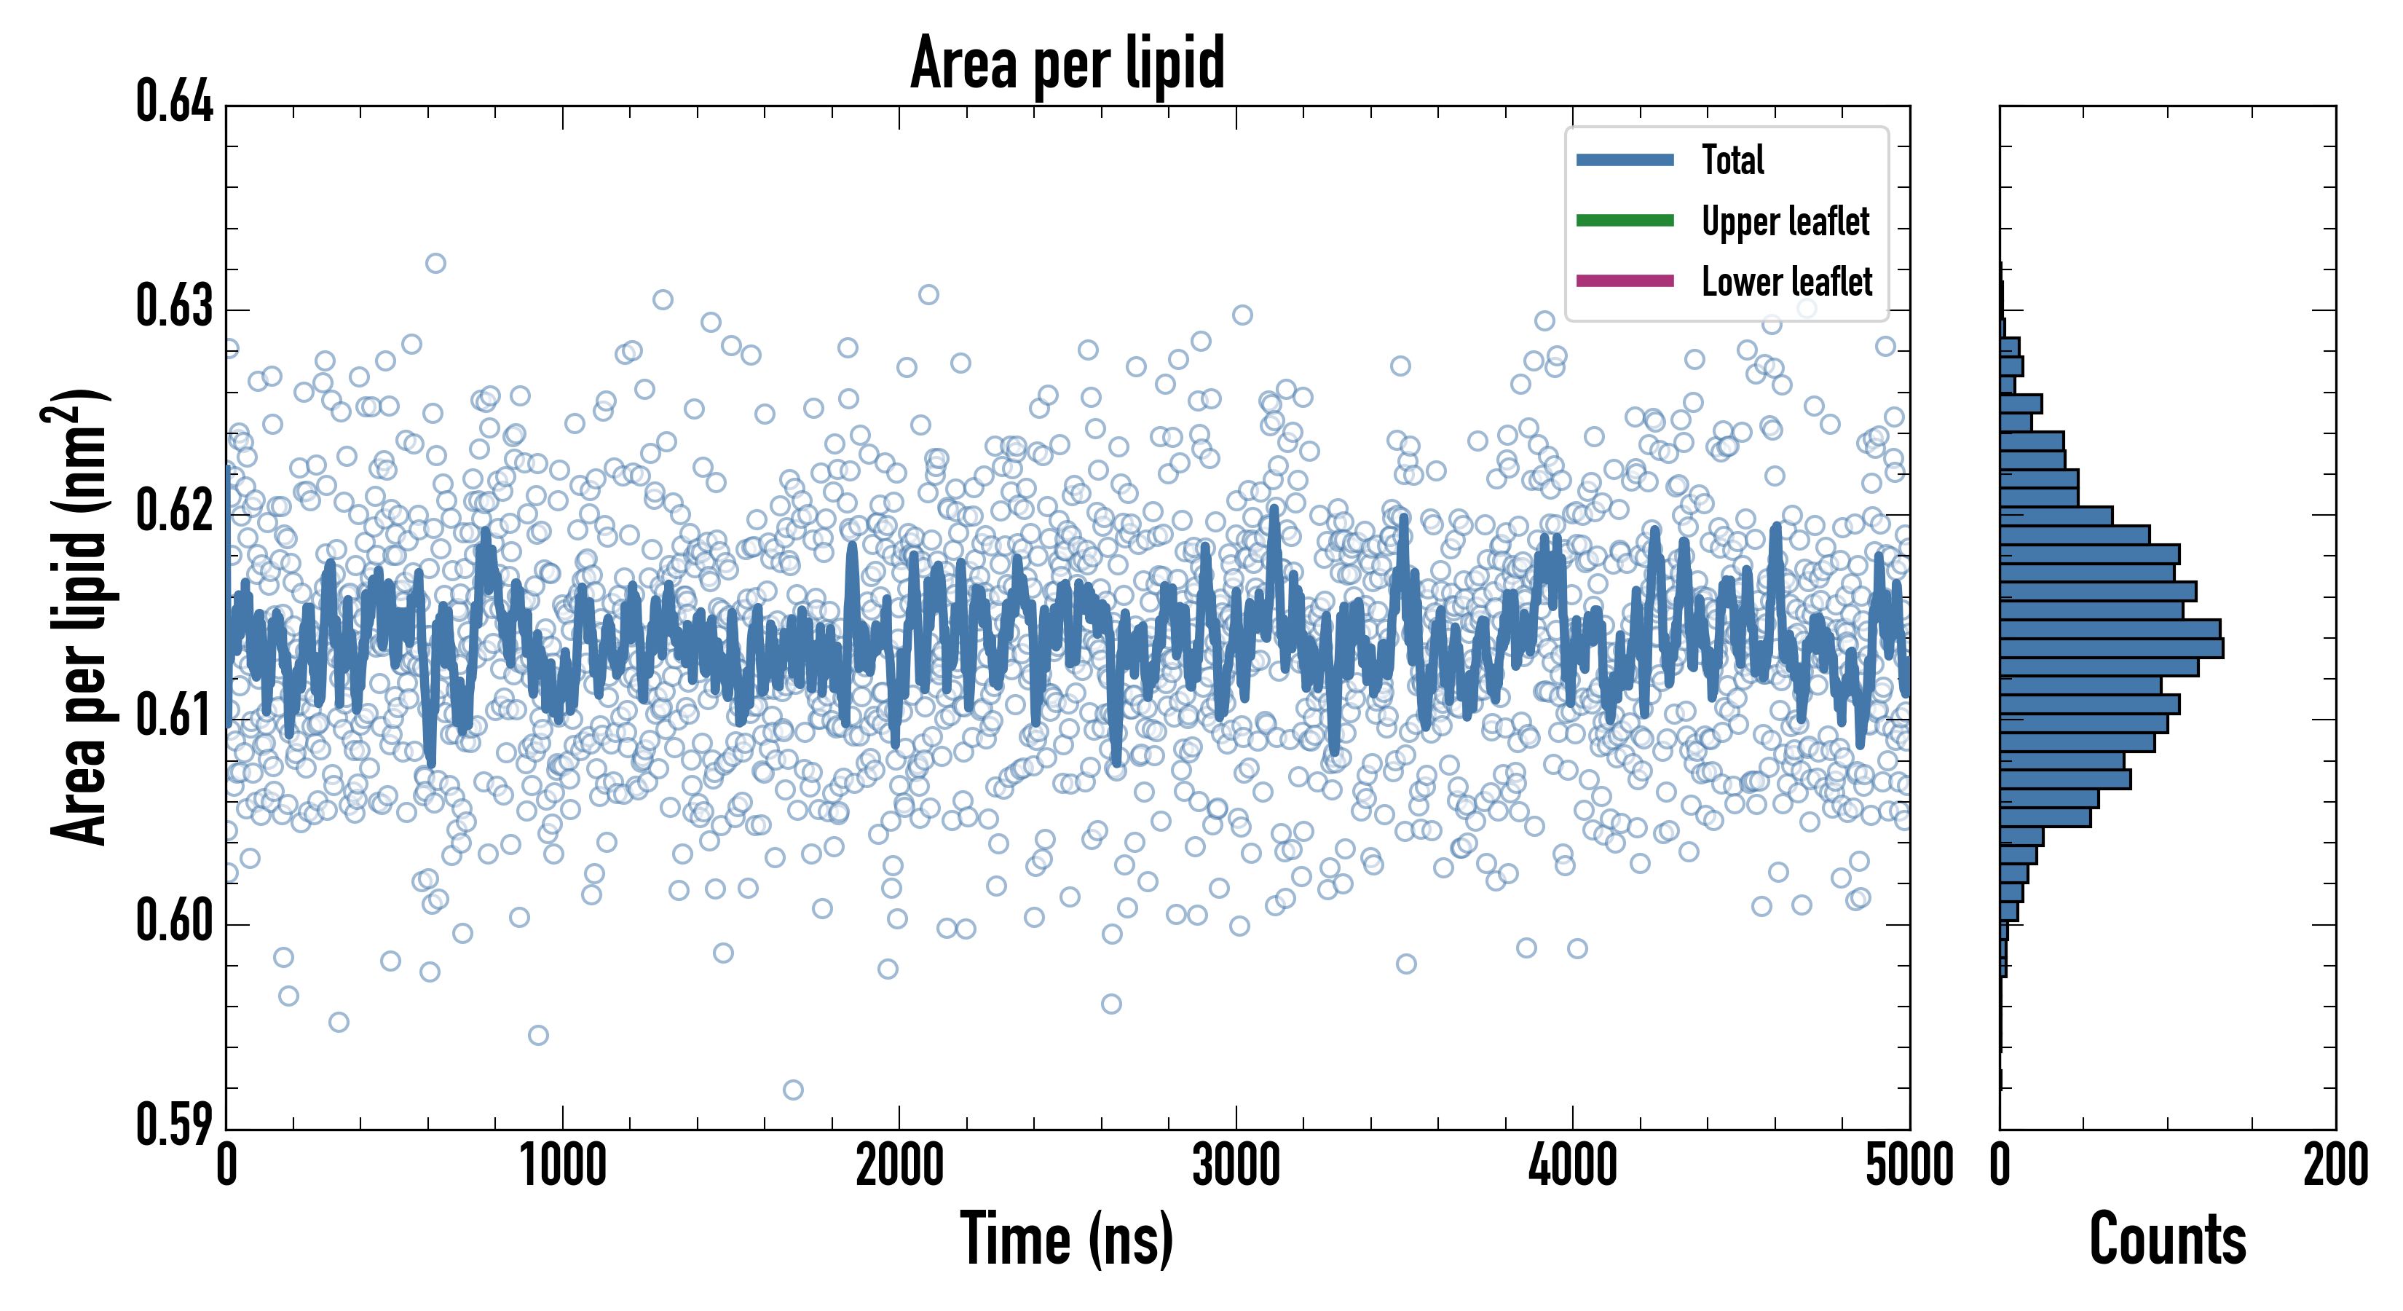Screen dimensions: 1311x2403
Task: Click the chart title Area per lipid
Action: tap(1068, 63)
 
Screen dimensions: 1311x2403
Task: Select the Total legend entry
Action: tap(1732, 160)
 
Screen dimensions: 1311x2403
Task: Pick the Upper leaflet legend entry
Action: tap(1785, 221)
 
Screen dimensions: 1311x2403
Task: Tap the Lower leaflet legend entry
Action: tap(1786, 281)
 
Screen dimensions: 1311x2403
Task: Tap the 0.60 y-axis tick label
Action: tap(175, 920)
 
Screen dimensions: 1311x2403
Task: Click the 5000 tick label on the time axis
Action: tap(1909, 1165)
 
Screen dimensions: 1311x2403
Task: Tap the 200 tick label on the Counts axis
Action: tap(2335, 1165)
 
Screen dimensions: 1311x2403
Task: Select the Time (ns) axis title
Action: tap(1068, 1239)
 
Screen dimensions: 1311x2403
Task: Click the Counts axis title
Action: tap(2167, 1239)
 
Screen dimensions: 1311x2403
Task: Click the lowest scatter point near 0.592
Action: tap(793, 1090)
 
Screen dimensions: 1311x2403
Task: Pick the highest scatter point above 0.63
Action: tap(435, 263)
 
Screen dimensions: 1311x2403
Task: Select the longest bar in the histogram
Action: tap(2111, 647)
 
